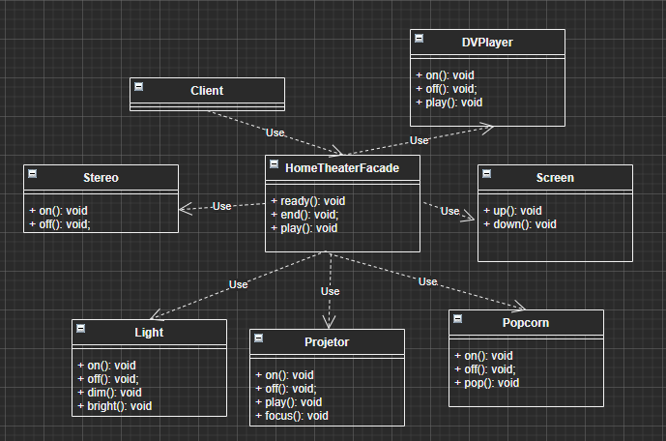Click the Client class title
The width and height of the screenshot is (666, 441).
pos(207,91)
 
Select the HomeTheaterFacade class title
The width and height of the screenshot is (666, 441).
pos(342,167)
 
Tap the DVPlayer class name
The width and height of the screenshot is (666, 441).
pos(487,43)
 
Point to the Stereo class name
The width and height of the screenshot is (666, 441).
pos(101,178)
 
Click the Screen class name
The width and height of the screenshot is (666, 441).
pos(555,178)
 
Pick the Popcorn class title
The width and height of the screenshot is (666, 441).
pos(526,323)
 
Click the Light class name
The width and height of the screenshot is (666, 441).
pos(149,333)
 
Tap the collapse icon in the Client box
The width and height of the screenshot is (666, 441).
pos(138,87)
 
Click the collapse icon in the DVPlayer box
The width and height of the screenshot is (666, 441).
pos(419,39)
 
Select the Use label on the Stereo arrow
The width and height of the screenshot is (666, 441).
pos(222,206)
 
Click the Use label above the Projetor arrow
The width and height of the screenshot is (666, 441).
pos(331,291)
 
